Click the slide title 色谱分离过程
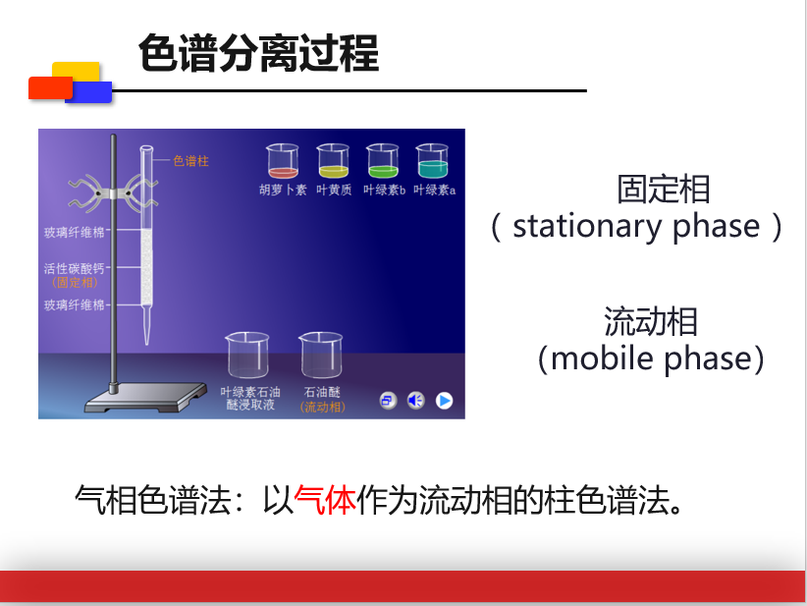click(x=259, y=53)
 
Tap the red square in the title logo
click(x=50, y=87)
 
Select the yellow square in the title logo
click(x=76, y=70)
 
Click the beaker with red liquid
click(x=283, y=161)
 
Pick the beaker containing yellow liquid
click(x=333, y=161)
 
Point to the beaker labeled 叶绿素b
click(x=383, y=161)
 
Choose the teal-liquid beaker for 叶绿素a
click(x=432, y=161)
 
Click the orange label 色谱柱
click(x=190, y=161)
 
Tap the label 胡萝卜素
click(x=283, y=190)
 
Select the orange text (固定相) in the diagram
click(x=76, y=282)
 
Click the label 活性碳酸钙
click(x=74, y=268)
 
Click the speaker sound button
click(x=416, y=400)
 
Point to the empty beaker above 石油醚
click(x=321, y=356)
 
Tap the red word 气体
click(x=325, y=500)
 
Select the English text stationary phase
click(x=636, y=226)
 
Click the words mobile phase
click(x=651, y=358)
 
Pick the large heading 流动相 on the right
click(x=651, y=321)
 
